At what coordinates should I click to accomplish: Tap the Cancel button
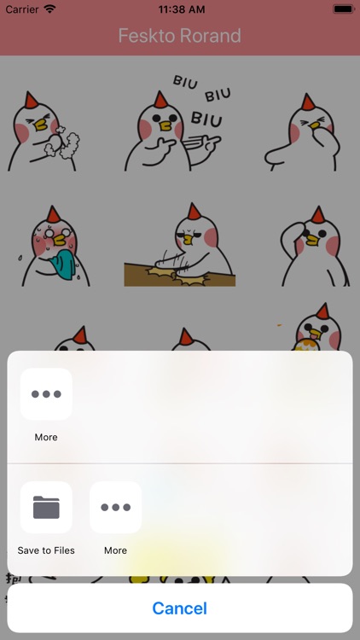pos(180,608)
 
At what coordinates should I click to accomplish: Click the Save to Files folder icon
pos(46,508)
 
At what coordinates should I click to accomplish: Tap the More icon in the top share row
pos(46,394)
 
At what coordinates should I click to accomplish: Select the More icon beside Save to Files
pos(115,508)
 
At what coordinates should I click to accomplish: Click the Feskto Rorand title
pos(180,36)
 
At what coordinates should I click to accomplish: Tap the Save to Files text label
pos(46,550)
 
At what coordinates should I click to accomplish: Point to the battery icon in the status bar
pos(344,9)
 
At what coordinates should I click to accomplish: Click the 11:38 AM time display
pos(182,9)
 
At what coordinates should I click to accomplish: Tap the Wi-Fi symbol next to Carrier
pos(49,9)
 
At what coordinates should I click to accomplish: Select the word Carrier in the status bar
pos(22,9)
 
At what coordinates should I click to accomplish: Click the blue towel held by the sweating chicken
pos(64,265)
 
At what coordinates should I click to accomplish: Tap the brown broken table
pos(180,274)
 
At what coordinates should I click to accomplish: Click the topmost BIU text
pos(185,82)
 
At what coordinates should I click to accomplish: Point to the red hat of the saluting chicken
pos(317,215)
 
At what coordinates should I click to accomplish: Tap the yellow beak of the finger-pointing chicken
pos(165,126)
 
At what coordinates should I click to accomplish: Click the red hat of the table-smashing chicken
pos(194,212)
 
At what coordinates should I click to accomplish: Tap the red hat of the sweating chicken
pos(53,214)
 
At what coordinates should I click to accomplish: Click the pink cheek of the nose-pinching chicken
pos(294,133)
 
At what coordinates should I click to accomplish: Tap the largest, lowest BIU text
pos(206,119)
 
